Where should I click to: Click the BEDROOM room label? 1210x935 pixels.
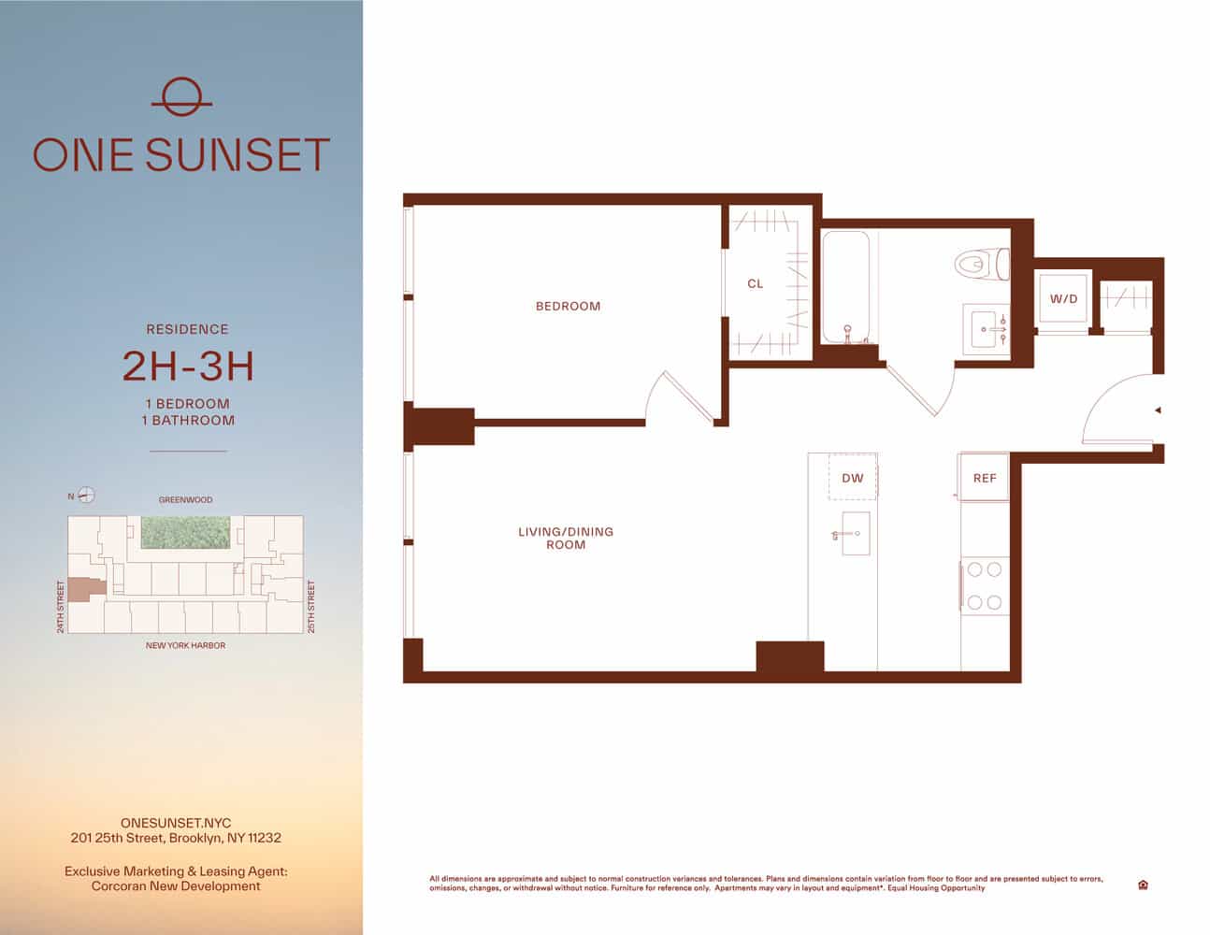pyautogui.click(x=568, y=306)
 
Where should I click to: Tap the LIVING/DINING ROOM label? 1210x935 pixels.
pyautogui.click(x=566, y=538)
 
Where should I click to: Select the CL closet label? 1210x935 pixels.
pyautogui.click(x=756, y=283)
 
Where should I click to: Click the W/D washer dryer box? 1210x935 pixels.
pyautogui.click(x=1063, y=299)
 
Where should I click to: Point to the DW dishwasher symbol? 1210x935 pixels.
pyautogui.click(x=853, y=478)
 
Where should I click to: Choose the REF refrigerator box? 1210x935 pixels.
pyautogui.click(x=985, y=478)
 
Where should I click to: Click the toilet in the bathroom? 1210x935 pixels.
pyautogui.click(x=982, y=263)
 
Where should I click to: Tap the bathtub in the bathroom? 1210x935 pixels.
pyautogui.click(x=846, y=287)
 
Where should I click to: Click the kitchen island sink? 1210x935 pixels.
pyautogui.click(x=855, y=534)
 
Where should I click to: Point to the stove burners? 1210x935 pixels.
pyautogui.click(x=985, y=585)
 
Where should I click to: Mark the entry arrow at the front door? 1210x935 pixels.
pyautogui.click(x=1158, y=410)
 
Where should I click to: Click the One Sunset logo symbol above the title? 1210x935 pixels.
pyautogui.click(x=181, y=96)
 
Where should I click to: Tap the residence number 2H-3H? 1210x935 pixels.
pyautogui.click(x=188, y=367)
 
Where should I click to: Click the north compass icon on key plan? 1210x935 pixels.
pyautogui.click(x=86, y=496)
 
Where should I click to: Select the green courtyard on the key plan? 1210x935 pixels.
pyautogui.click(x=185, y=532)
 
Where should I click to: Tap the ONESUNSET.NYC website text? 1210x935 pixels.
pyautogui.click(x=176, y=824)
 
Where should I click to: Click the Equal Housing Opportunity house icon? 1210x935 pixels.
pyautogui.click(x=1143, y=885)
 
